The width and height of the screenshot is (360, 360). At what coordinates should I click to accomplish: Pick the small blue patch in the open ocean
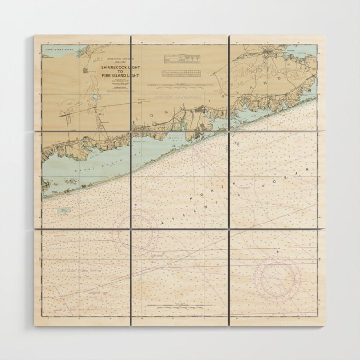click(64, 210)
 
